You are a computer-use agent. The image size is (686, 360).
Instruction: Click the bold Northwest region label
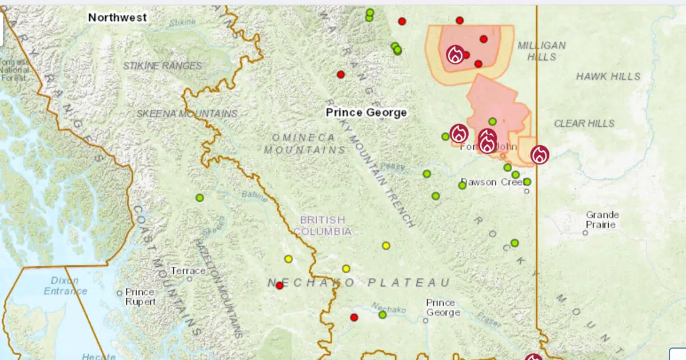[117, 18]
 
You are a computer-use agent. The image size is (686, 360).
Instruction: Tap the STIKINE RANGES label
[163, 66]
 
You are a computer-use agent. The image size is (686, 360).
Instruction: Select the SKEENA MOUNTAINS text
[187, 114]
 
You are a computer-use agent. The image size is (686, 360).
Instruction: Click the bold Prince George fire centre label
[366, 113]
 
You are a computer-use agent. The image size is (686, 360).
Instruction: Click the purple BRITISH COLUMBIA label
[323, 225]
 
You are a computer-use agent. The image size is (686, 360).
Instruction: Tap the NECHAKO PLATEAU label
[359, 283]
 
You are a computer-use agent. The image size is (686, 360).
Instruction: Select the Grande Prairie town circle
[585, 233]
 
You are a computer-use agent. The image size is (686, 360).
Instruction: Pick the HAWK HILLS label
[608, 76]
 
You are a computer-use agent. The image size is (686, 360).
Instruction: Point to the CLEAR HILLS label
[584, 123]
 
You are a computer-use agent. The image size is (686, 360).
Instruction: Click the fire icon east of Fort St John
[539, 154]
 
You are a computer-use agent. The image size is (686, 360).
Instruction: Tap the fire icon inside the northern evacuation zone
[456, 54]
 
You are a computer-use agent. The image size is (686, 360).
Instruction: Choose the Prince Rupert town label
[140, 296]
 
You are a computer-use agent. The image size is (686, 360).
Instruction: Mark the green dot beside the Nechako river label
[382, 314]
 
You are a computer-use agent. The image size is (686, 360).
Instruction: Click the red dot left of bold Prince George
[341, 74]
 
